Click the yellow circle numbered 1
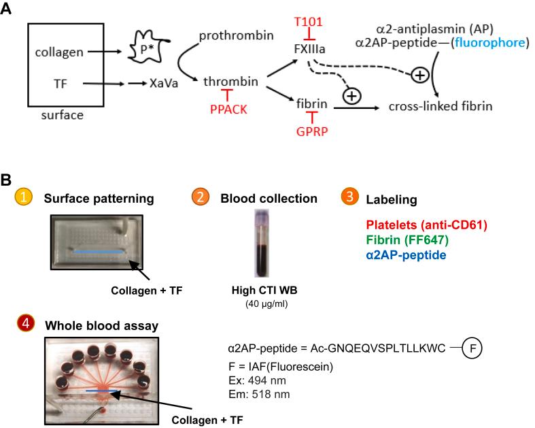tap(25, 198)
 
